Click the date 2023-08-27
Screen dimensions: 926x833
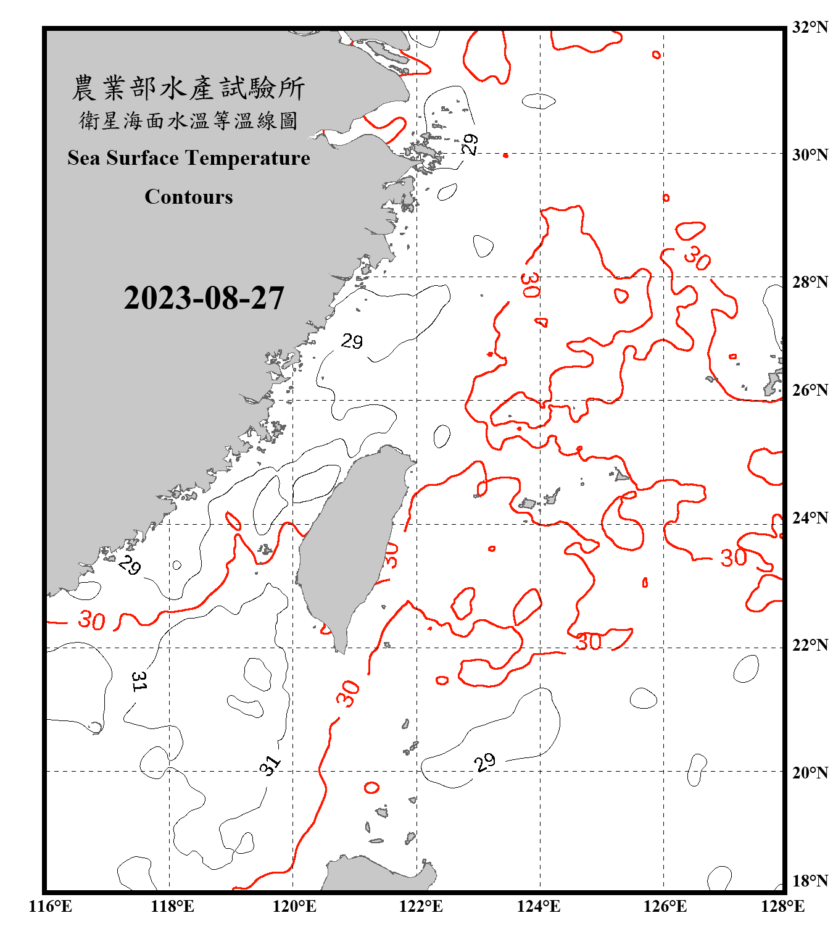(204, 298)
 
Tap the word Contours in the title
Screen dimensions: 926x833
(189, 197)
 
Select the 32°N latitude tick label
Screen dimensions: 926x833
(810, 27)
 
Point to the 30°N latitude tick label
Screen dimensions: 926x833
(810, 154)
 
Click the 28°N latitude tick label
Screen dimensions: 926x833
(810, 282)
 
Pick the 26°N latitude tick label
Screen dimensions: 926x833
(810, 390)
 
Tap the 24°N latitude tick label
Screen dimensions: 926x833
(810, 517)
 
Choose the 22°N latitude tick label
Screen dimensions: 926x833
(810, 645)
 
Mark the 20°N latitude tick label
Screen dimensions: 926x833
(810, 772)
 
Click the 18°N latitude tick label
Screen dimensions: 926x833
(810, 881)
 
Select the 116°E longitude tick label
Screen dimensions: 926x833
(51, 906)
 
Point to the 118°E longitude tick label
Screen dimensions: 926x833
(172, 906)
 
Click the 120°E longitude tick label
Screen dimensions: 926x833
(294, 906)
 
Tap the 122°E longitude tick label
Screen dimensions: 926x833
(421, 906)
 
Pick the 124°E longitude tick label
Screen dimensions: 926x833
(539, 906)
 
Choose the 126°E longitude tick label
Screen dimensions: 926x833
(665, 906)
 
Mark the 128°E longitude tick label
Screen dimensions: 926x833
(782, 906)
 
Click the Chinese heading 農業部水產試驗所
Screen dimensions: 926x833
(189, 88)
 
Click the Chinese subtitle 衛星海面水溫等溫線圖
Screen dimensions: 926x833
(189, 120)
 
